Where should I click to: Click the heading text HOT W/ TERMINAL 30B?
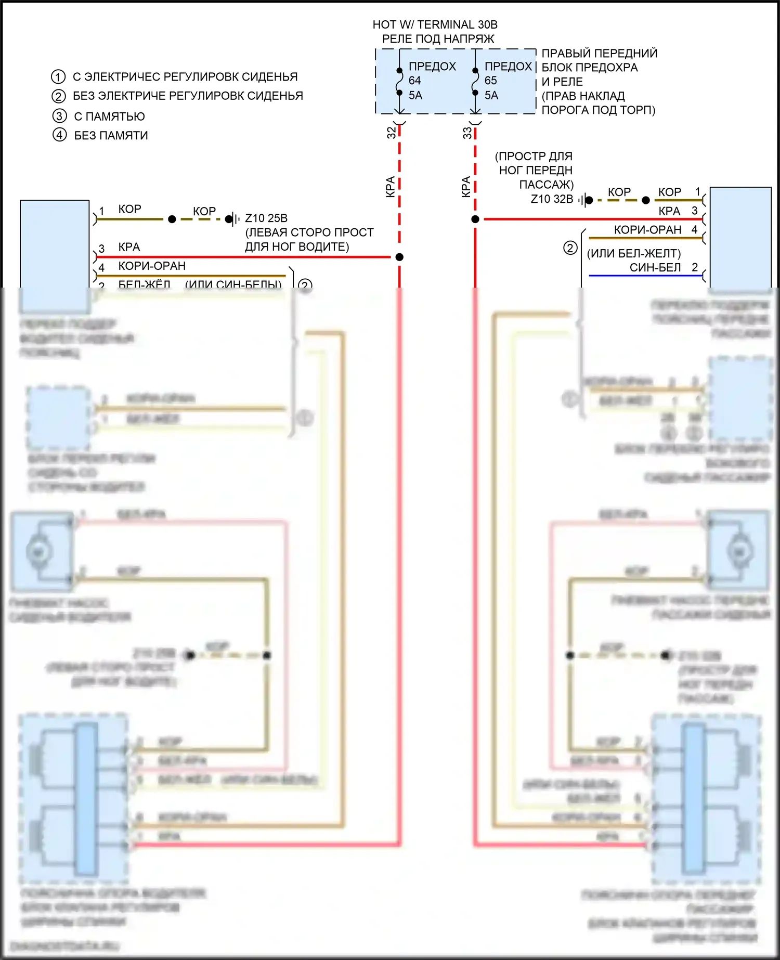[435, 24]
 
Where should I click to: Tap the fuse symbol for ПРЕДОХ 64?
[399, 82]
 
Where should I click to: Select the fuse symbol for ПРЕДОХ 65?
[475, 82]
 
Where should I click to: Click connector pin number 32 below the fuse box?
[392, 133]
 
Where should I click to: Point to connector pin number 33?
[467, 133]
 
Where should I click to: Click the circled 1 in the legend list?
[58, 77]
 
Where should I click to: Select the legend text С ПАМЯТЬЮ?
[109, 116]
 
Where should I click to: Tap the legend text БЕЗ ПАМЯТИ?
[111, 136]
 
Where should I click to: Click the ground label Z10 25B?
[266, 218]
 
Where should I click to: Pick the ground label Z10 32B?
[552, 199]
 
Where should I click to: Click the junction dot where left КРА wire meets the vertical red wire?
[399, 257]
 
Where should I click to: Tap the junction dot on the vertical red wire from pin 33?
[475, 219]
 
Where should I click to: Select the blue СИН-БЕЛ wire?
[645, 276]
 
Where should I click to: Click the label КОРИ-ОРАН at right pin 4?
[647, 230]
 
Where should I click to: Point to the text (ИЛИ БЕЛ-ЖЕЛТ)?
[634, 254]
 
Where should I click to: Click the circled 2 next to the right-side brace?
[570, 248]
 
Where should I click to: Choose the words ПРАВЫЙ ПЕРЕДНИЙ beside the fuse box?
[600, 53]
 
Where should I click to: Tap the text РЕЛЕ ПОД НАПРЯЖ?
[438, 39]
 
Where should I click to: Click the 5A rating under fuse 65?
[491, 96]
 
